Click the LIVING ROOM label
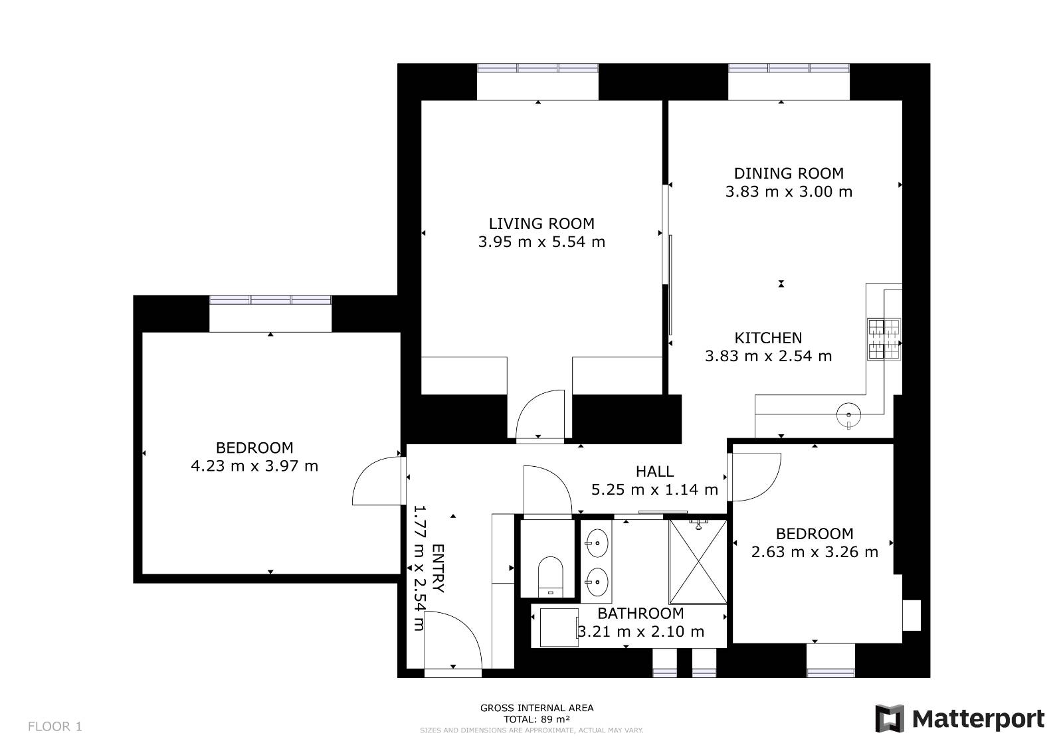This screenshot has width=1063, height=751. coord(541,224)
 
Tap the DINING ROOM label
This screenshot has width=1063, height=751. coord(789,173)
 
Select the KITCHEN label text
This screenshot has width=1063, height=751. coord(768,338)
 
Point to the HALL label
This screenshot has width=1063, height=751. coord(654,471)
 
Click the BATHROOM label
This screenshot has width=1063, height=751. coord(640,614)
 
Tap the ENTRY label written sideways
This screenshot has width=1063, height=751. coord(438,568)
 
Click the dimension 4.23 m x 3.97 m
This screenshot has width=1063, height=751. coord(254,466)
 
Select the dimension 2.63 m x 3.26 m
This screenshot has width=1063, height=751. coord(815,552)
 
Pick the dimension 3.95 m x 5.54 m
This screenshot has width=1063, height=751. coord(541,242)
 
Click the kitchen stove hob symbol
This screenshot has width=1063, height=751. coord(884,339)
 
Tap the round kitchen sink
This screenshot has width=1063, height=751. coord(848,414)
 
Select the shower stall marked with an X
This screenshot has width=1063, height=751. coord(698,562)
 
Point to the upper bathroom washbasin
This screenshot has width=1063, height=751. coord(597,542)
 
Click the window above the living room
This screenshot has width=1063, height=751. coord(537,68)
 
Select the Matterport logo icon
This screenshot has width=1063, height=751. coord(890,718)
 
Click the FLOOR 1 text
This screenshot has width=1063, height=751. coord(55,726)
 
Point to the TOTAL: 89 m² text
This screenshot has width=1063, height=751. coord(537,719)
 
